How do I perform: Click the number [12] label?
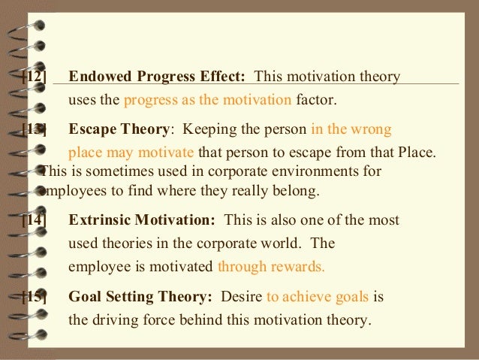(34, 77)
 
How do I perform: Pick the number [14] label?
(34, 220)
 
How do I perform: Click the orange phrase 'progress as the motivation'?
(206, 99)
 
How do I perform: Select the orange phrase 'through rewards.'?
(271, 266)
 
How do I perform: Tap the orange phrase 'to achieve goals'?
(318, 296)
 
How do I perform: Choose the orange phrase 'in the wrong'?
(351, 129)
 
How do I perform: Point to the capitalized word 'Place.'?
(416, 153)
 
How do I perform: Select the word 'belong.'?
(293, 191)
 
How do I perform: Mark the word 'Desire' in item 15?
(242, 296)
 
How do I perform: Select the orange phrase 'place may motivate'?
(131, 153)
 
